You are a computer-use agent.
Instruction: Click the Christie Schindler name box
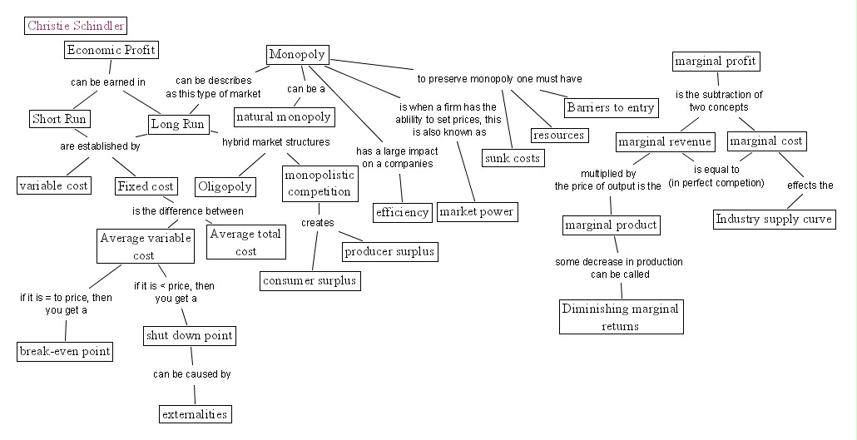(x=76, y=26)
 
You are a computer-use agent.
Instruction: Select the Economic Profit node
(x=111, y=50)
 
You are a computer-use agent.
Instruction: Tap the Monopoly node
(x=297, y=55)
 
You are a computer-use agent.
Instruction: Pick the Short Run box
(x=60, y=119)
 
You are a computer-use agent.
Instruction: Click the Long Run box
(x=177, y=124)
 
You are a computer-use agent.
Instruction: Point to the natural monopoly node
(x=283, y=116)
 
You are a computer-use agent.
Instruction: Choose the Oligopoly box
(x=225, y=185)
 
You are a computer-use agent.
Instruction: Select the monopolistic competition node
(x=320, y=184)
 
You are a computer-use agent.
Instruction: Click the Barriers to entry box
(x=611, y=107)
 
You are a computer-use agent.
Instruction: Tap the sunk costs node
(x=512, y=157)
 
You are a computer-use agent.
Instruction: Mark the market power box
(x=476, y=212)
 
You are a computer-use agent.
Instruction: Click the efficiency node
(x=403, y=212)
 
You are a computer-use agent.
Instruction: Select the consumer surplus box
(x=310, y=280)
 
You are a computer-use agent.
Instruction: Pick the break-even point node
(x=65, y=351)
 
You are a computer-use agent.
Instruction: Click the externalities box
(x=194, y=413)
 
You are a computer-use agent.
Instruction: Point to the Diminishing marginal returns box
(x=621, y=317)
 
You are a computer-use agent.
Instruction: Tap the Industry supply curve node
(x=774, y=220)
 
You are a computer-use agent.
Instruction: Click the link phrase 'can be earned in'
(x=107, y=82)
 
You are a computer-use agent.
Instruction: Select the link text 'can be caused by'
(x=191, y=374)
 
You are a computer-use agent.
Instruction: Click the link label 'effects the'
(x=810, y=185)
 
